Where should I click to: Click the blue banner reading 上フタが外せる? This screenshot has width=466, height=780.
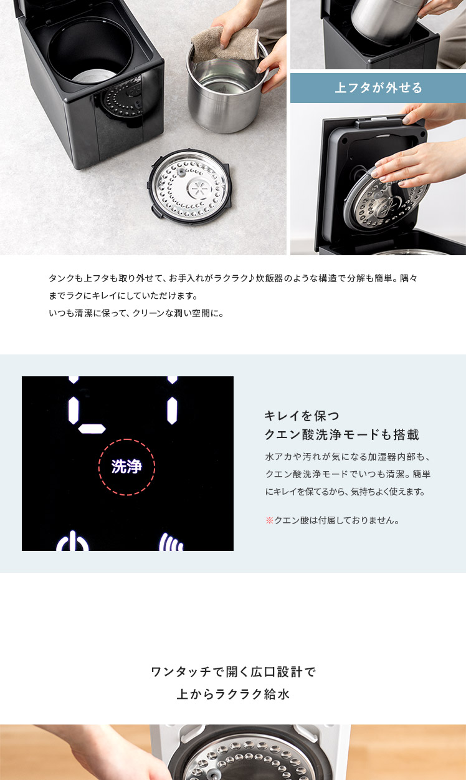point(378,88)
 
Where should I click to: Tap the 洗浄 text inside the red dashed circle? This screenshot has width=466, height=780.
point(126,467)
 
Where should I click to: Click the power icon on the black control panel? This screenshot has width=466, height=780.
point(72,541)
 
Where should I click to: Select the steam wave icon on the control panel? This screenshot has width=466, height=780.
point(171,542)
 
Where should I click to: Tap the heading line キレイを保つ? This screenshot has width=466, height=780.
point(302,416)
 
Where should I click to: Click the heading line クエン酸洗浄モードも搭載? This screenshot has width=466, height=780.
point(342,434)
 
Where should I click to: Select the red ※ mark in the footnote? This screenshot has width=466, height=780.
point(269,520)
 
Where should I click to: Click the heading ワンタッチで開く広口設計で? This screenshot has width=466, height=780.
point(233,671)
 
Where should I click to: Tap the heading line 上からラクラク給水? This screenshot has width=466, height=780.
point(233,695)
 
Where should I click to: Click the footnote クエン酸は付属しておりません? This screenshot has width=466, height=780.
point(336,520)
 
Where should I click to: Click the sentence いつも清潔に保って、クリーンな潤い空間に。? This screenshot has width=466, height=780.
point(136,313)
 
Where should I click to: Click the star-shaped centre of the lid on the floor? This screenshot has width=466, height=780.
point(199,188)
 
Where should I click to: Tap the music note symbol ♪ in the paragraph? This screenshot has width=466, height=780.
point(252,278)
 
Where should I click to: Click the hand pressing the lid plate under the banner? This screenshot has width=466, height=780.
point(417,163)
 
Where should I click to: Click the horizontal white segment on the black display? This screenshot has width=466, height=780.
point(92,429)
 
